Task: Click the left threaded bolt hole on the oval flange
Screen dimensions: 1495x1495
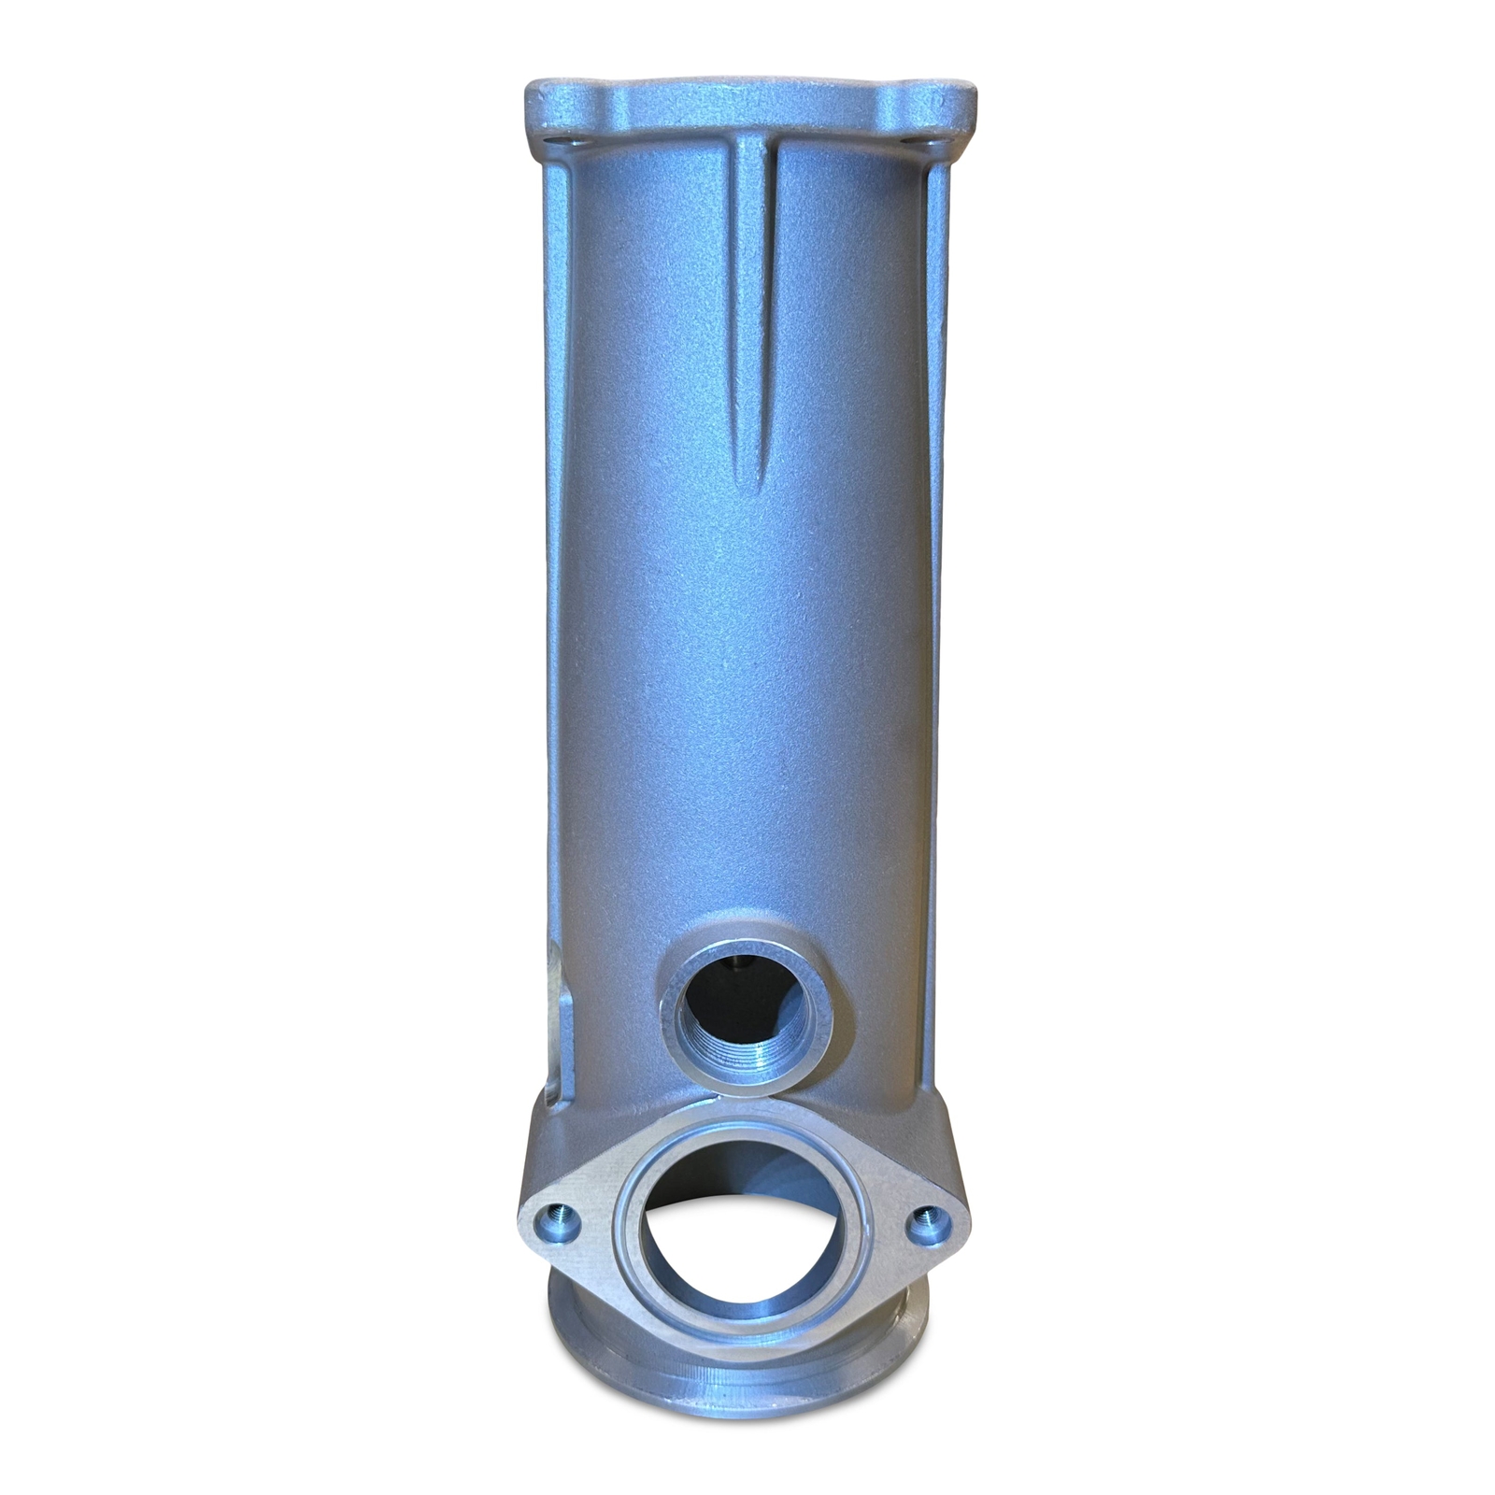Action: point(561,1217)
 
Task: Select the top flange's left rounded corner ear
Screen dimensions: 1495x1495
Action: point(547,98)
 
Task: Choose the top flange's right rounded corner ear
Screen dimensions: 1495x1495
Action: point(955,98)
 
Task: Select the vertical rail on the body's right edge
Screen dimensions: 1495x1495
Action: point(937,607)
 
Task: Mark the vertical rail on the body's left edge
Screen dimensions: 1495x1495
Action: point(552,607)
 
